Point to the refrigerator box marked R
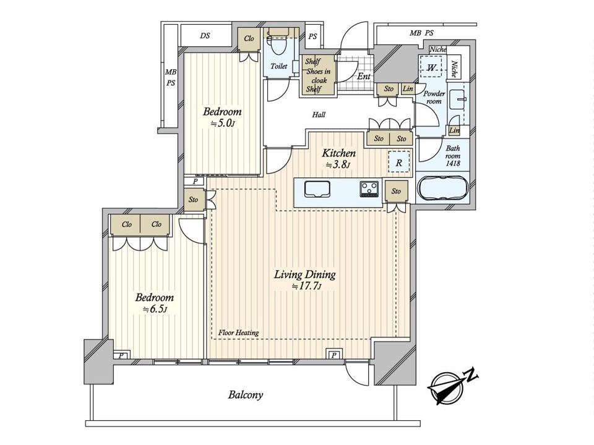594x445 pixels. (399, 163)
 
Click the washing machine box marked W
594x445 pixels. (431, 67)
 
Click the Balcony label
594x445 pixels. (246, 395)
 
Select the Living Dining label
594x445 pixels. (305, 274)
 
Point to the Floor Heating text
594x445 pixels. (239, 333)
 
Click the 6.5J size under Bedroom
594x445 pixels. (155, 309)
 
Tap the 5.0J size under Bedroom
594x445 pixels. (223, 123)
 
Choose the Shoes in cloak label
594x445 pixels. (318, 75)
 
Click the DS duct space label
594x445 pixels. (205, 36)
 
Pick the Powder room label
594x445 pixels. (434, 97)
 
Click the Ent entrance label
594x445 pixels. (364, 77)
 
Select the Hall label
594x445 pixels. (319, 114)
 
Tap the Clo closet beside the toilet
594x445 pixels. (249, 38)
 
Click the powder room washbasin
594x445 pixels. (458, 99)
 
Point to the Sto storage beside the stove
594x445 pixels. (396, 192)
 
